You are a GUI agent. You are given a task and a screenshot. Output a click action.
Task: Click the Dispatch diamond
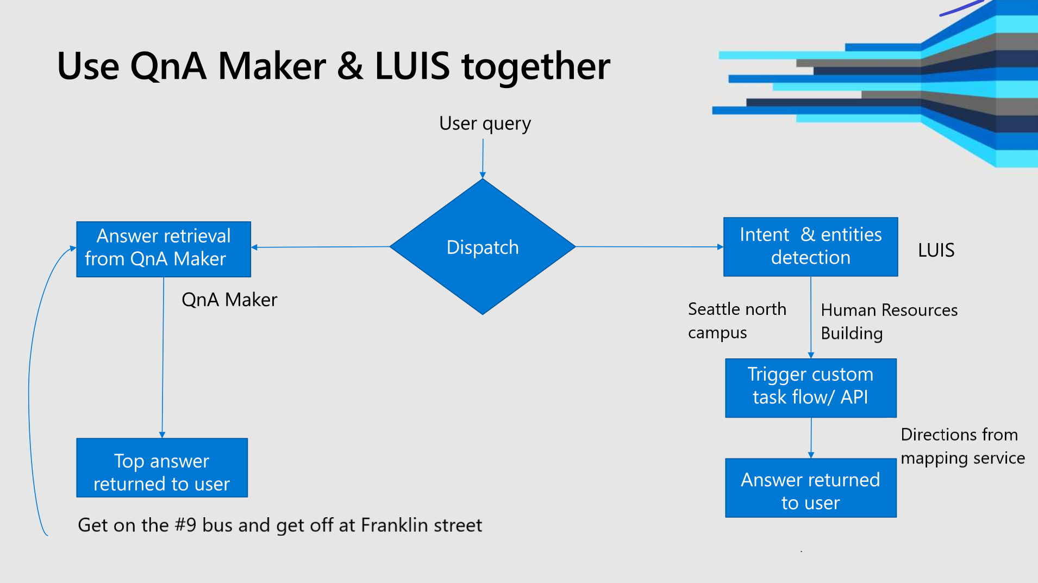[483, 247]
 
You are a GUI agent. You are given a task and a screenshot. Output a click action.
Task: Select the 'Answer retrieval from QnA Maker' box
[163, 249]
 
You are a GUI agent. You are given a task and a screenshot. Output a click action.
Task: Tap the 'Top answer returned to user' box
[161, 468]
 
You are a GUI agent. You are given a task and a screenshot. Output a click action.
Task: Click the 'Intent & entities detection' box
[810, 246]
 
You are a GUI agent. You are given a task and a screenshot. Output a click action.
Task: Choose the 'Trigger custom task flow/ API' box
[810, 387]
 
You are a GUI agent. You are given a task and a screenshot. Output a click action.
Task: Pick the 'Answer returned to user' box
[810, 488]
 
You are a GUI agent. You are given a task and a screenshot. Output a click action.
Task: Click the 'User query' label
[485, 124]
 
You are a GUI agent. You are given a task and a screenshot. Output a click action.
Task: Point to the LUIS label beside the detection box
[936, 250]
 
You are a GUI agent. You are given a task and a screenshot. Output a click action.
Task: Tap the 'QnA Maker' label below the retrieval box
[229, 300]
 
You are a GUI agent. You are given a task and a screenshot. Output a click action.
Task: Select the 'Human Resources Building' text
[889, 321]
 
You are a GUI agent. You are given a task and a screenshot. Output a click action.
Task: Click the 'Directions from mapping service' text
[962, 446]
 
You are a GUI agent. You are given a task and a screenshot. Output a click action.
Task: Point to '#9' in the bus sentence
[185, 525]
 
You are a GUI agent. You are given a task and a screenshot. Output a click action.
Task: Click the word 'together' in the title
[535, 66]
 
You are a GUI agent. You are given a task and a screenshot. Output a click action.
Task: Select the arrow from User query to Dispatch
[483, 158]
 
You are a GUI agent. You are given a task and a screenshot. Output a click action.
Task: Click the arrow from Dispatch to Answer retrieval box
[321, 247]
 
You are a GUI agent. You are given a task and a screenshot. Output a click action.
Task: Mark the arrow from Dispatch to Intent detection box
[649, 246]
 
